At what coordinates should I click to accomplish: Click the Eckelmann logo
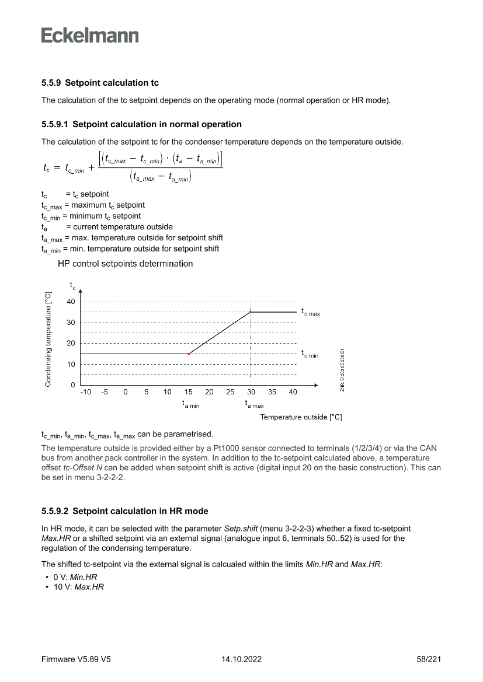pos(90,36)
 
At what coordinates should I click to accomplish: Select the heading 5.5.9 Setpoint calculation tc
pos(100,83)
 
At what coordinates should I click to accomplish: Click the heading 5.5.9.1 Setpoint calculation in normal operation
pos(141,124)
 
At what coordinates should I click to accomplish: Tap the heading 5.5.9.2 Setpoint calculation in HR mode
pos(124,511)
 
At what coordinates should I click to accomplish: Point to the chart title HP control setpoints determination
pos(125,264)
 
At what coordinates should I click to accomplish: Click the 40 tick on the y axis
pos(71,301)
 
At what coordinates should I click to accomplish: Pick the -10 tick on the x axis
pos(85,392)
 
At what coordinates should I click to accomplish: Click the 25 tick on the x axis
pos(230,392)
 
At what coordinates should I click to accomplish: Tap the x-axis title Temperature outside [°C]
pos(301,417)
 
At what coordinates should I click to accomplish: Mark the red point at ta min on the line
pos(189,354)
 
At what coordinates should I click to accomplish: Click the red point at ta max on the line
pos(251,312)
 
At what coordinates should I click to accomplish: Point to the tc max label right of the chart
pos(310,313)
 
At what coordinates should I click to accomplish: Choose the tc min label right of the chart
pos(310,354)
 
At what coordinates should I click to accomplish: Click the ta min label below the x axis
pos(190,404)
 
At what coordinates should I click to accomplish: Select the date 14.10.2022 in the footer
pos(241,659)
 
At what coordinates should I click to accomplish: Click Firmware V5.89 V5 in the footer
pos(76,659)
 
